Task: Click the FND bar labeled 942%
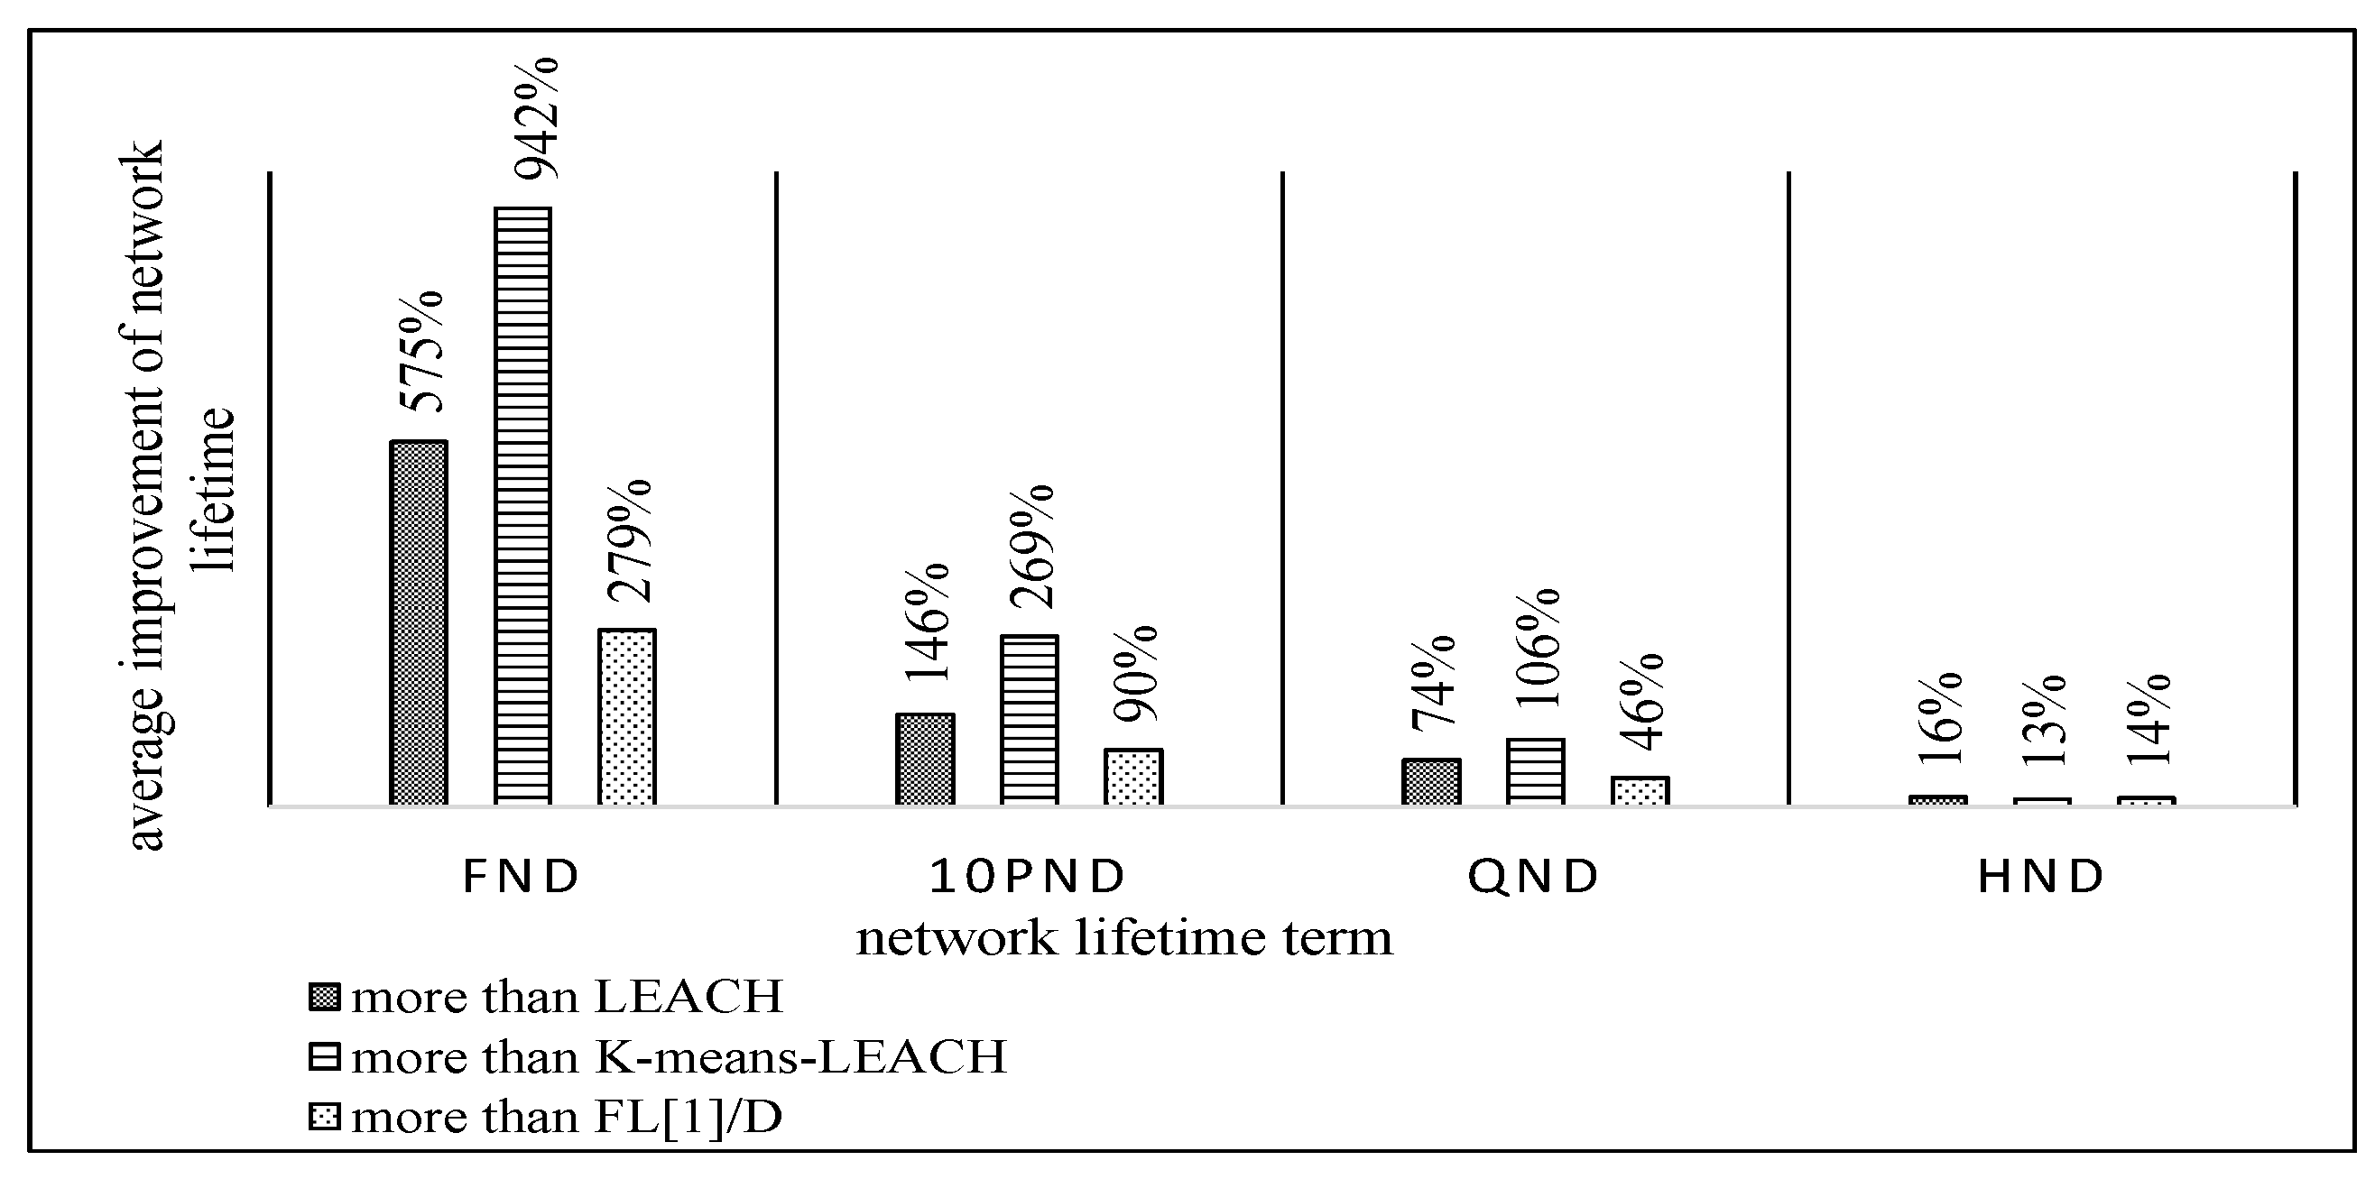point(522,505)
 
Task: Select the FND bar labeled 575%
point(419,622)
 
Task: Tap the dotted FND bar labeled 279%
point(627,716)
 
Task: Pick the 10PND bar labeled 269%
point(1029,720)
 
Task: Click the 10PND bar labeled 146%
point(925,759)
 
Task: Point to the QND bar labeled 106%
point(1535,771)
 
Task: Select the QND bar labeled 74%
point(1431,782)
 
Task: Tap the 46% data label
point(1641,703)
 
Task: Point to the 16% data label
point(1940,720)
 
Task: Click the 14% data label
point(2148,722)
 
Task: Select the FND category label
point(521,877)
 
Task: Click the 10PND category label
point(1028,877)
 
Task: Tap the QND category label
point(1534,877)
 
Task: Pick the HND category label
point(2041,877)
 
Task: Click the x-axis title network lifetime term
point(1124,938)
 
